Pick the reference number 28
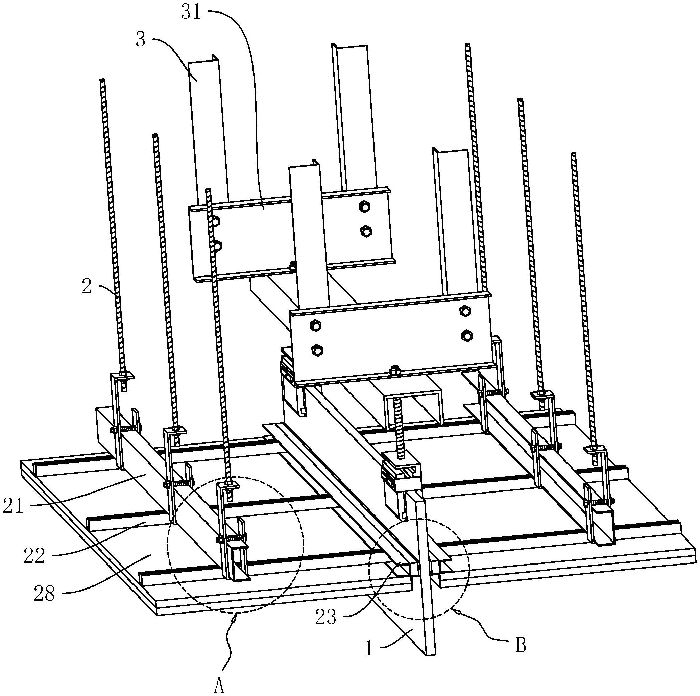45,595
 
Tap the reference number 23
326,618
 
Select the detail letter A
219,686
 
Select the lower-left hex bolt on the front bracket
317,350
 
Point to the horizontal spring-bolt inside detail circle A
231,538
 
